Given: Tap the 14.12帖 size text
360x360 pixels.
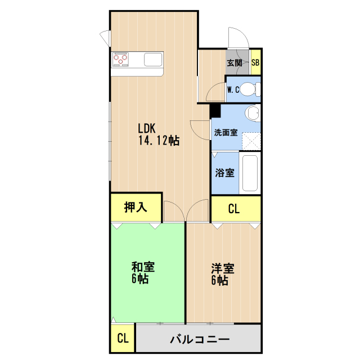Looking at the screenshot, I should coord(159,141).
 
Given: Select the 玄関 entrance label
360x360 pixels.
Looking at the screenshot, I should coord(235,63).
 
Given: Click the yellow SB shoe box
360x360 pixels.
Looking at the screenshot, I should coord(255,63).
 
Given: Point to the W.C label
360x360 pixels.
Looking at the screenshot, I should coord(233,89).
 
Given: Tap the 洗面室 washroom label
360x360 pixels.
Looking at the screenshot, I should coord(225,133).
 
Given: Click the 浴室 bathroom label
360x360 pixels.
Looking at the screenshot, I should coord(225,173).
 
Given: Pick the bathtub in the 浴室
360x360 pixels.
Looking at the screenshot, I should coord(250,173).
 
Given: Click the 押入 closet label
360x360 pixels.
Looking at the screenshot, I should coord(136,207).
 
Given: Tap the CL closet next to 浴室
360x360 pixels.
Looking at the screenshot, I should coord(235,209).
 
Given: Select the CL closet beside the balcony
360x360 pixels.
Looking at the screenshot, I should coord(123,339).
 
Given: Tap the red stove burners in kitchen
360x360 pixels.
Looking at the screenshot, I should coord(120,58).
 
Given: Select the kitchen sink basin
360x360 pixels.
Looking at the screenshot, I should coord(153,58).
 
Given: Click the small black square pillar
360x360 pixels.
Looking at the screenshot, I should coord(214,111).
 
